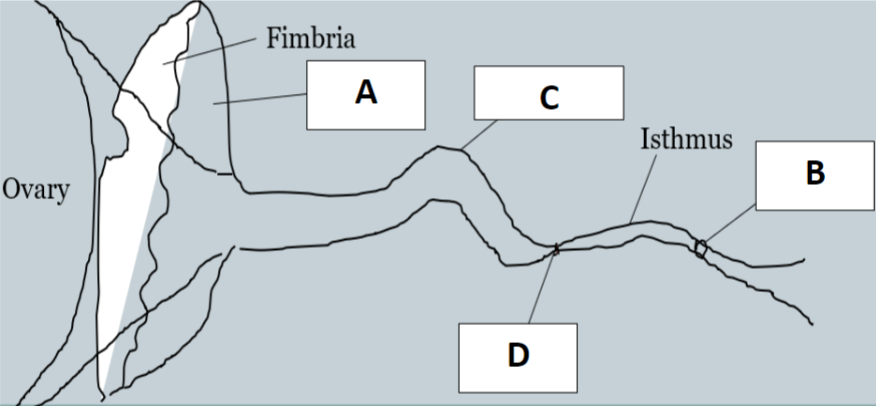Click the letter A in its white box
pyautogui.click(x=366, y=94)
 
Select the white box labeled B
pyautogui.click(x=814, y=175)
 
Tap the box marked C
pyautogui.click(x=548, y=98)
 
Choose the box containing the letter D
pyautogui.click(x=518, y=356)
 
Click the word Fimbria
pyautogui.click(x=312, y=39)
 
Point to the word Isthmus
pyautogui.click(x=686, y=138)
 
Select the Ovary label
pyautogui.click(x=35, y=190)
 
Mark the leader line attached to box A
pyautogui.click(x=260, y=99)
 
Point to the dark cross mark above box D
pyautogui.click(x=555, y=249)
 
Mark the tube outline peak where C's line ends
pyautogui.click(x=462, y=151)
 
